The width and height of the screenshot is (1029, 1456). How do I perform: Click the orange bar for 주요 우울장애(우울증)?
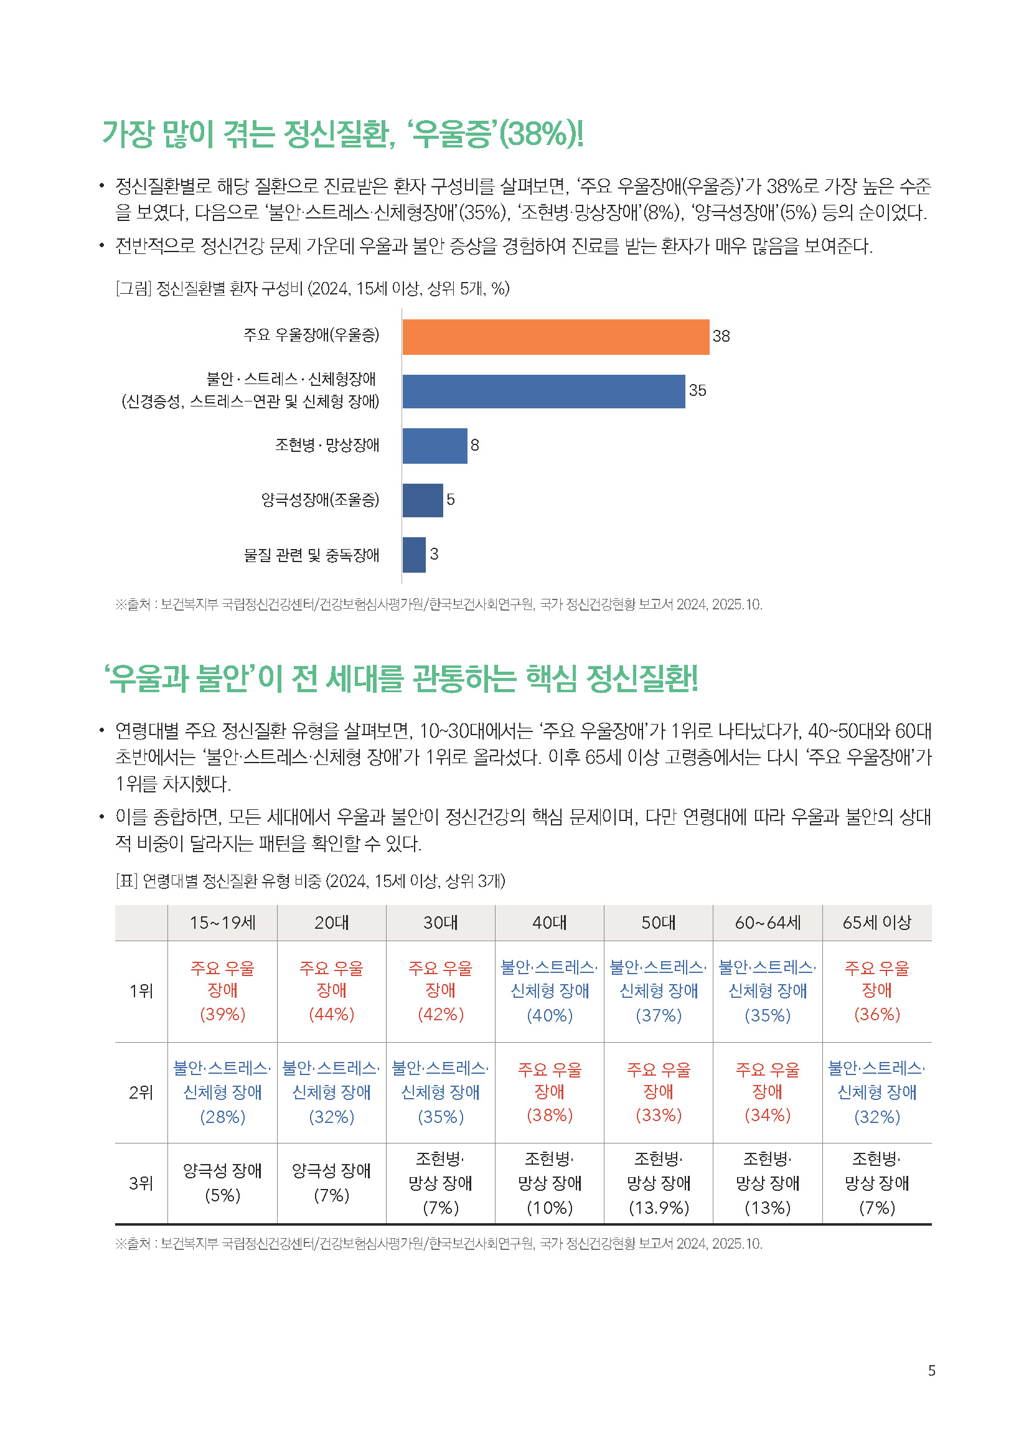click(555, 337)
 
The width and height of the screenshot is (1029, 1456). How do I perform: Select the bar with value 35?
click(543, 392)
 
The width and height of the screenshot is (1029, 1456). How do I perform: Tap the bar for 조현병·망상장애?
click(435, 446)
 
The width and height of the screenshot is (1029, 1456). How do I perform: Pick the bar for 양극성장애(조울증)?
click(422, 500)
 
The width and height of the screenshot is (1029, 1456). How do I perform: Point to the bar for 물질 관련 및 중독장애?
click(413, 555)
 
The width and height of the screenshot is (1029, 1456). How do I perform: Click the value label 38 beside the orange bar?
click(721, 337)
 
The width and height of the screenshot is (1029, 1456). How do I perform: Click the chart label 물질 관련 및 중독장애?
click(311, 555)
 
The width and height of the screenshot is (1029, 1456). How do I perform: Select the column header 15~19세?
click(222, 923)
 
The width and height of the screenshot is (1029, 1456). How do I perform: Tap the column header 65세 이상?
click(876, 923)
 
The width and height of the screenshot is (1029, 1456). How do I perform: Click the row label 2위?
click(141, 1092)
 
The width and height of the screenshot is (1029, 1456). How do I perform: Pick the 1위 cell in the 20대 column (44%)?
click(331, 991)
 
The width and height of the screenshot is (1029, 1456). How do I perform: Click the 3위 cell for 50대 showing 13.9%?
click(658, 1183)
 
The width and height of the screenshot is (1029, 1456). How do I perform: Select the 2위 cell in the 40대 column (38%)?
click(549, 1092)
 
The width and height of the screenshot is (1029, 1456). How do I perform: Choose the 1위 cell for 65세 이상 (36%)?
click(876, 991)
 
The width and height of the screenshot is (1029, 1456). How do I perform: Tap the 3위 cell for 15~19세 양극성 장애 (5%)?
click(222, 1183)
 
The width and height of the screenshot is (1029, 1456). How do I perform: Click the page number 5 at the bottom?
click(931, 1370)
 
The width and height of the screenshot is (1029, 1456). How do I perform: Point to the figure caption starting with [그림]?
click(312, 289)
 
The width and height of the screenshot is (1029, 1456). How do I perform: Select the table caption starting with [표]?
click(310, 881)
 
